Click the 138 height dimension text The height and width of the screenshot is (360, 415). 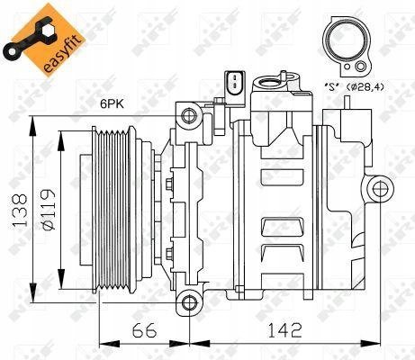(21, 210)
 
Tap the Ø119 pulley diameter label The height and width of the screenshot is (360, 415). (48, 210)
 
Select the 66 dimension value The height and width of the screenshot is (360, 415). (145, 330)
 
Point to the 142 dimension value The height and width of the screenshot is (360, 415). (284, 330)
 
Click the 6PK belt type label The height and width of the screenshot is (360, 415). (112, 104)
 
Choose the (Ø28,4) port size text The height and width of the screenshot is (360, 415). (365, 87)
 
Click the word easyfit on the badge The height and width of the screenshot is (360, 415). (61, 54)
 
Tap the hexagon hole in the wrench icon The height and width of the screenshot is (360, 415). (48, 31)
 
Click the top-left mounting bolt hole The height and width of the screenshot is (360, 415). (189, 115)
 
